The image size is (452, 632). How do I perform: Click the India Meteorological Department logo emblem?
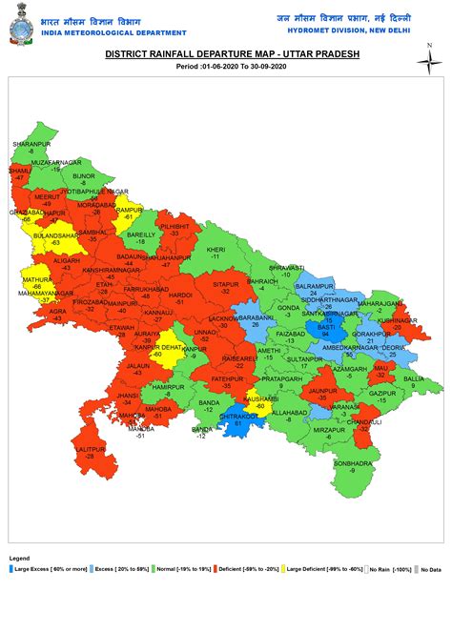coord(20,23)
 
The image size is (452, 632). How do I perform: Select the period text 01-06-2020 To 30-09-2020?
coord(225,67)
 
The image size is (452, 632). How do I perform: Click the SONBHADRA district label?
coord(352,463)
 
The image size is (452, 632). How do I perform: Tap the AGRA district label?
coord(58,311)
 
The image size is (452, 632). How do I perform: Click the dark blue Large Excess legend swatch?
coord(11,569)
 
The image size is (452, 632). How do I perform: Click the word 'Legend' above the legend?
coord(19,558)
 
